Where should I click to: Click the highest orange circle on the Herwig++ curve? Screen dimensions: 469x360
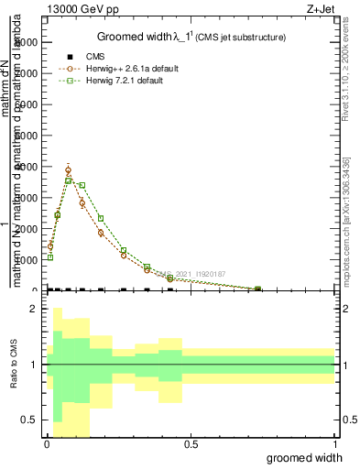(x=68, y=170)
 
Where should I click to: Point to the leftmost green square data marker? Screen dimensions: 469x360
(x=50, y=257)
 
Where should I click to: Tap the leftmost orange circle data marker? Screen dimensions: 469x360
(x=50, y=245)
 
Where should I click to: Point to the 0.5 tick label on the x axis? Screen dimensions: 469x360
(x=191, y=444)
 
